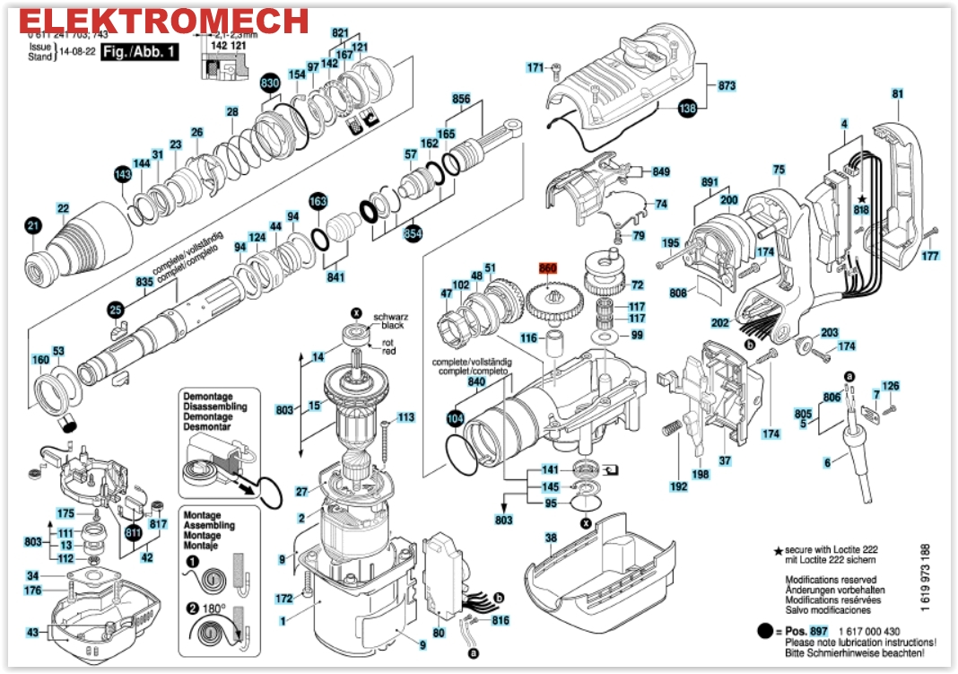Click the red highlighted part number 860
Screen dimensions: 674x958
click(548, 267)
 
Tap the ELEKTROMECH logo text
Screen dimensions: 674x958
click(165, 20)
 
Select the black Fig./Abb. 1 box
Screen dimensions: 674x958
click(139, 51)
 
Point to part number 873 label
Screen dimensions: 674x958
click(726, 85)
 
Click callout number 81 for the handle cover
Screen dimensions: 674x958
click(898, 94)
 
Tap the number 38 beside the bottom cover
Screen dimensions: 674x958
click(551, 540)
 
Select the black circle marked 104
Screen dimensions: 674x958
click(456, 417)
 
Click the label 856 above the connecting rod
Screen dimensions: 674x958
click(461, 99)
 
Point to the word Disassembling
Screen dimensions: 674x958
click(215, 407)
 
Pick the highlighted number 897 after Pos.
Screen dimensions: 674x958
click(818, 632)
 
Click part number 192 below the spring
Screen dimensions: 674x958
click(678, 486)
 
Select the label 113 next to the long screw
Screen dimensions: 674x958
click(406, 417)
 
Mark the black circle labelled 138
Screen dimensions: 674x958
click(687, 109)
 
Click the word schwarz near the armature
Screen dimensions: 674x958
click(388, 316)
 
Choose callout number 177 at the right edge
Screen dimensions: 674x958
click(930, 256)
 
